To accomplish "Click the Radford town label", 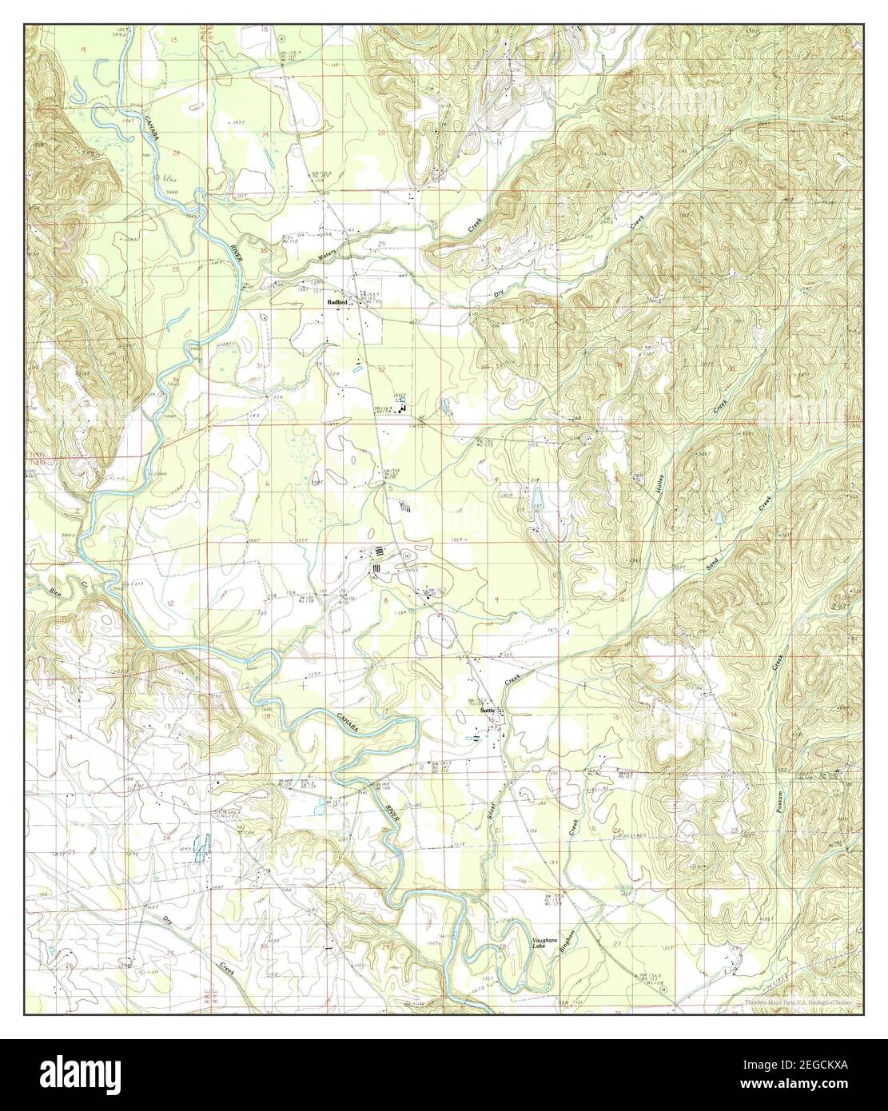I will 337,303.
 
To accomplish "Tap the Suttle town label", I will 488,710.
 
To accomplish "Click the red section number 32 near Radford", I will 381,369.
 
